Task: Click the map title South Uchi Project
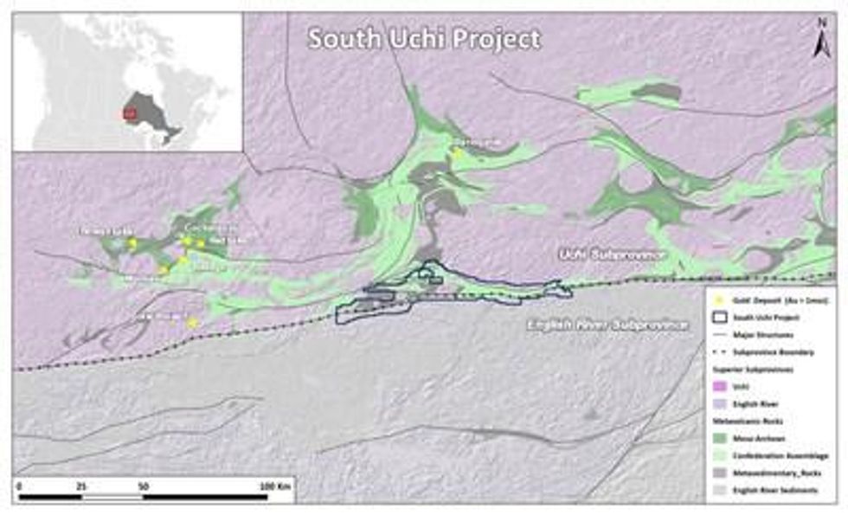click(425, 39)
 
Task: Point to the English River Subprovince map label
click(608, 325)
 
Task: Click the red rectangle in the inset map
click(130, 113)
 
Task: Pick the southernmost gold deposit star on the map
click(192, 322)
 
